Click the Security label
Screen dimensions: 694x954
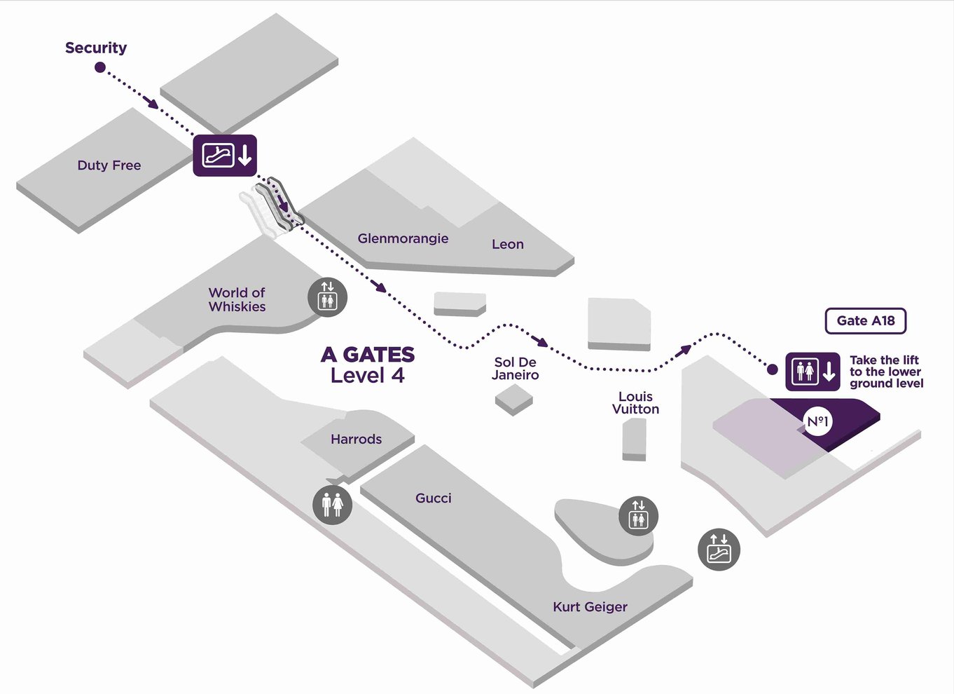point(96,48)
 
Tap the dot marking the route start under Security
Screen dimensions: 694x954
point(100,67)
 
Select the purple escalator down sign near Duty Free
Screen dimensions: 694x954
point(225,155)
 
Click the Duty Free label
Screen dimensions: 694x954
point(109,165)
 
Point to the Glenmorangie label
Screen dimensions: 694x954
point(403,238)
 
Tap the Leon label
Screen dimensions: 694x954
point(507,244)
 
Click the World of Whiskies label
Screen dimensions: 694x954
point(237,299)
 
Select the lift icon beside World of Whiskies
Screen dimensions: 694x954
point(328,297)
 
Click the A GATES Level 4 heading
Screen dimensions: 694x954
point(368,365)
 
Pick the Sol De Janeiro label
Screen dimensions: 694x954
point(515,368)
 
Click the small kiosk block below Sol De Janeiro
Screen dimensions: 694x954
point(513,399)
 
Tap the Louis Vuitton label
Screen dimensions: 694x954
point(635,402)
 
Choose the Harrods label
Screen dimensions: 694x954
point(356,440)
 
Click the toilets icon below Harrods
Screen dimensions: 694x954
point(332,503)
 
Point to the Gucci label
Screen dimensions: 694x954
point(434,498)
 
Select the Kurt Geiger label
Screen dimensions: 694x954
point(590,606)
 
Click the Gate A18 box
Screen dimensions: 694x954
point(866,321)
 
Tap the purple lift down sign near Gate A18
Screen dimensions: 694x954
point(813,372)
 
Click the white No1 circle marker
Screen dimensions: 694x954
point(817,421)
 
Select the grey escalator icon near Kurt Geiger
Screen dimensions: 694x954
point(719,549)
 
